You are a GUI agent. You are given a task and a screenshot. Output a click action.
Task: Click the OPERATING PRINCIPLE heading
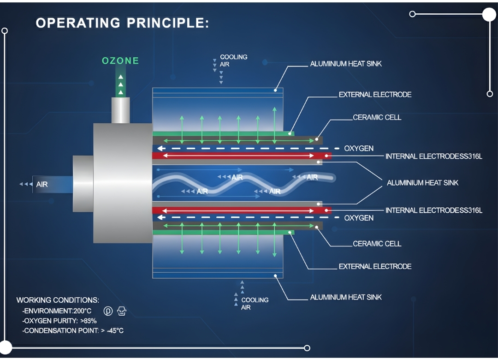(x=122, y=23)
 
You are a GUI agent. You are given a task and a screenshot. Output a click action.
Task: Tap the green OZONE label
(x=120, y=60)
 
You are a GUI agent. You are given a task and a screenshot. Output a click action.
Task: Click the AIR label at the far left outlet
(x=42, y=185)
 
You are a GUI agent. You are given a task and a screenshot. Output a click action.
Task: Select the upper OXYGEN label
(x=359, y=149)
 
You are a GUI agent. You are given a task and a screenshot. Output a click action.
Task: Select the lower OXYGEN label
(x=359, y=218)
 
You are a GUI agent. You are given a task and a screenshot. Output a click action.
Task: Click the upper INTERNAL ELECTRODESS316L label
(x=433, y=156)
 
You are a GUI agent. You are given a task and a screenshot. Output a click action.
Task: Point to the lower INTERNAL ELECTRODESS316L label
(x=433, y=210)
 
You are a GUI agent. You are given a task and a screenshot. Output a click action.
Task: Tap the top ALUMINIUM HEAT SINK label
(x=346, y=64)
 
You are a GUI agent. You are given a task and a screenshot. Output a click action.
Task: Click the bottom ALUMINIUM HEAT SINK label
(x=346, y=297)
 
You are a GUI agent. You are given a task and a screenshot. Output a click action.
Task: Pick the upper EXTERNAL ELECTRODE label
(x=375, y=95)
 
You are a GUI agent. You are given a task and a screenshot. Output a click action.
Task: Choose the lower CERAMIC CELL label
(x=377, y=244)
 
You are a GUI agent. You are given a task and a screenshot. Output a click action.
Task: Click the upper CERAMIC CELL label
(x=377, y=117)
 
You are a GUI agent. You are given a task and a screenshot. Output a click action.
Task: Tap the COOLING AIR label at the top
(x=233, y=60)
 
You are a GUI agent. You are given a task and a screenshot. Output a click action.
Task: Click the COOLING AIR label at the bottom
(x=254, y=303)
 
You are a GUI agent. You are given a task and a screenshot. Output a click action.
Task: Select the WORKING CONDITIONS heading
(x=58, y=300)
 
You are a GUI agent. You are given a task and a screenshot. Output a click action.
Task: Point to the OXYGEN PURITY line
(x=59, y=321)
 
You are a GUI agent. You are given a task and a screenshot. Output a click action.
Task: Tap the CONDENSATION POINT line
(x=73, y=330)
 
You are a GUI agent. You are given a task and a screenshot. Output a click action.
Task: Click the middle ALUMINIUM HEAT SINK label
(x=422, y=183)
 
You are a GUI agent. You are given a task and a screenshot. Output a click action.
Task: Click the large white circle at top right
(x=489, y=14)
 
